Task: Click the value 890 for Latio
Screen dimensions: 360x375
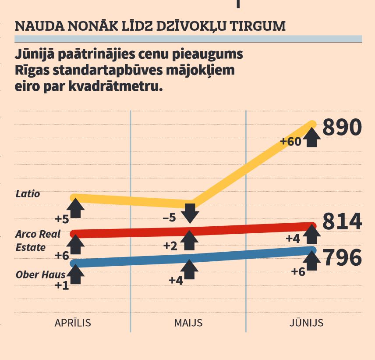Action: point(342,128)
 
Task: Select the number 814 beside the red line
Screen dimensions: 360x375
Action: point(342,221)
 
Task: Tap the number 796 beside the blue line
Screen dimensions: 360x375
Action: point(342,258)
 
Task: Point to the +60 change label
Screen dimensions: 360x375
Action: point(290,142)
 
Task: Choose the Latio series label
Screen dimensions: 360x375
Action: point(28,193)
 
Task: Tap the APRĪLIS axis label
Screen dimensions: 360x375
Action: point(73,323)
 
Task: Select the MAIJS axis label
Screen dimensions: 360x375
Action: point(188,323)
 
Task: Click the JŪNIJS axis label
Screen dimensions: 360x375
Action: point(306,323)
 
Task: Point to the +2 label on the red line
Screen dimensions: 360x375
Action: point(170,246)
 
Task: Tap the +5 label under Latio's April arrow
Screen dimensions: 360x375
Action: point(62,218)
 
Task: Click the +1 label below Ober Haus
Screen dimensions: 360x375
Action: point(62,285)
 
